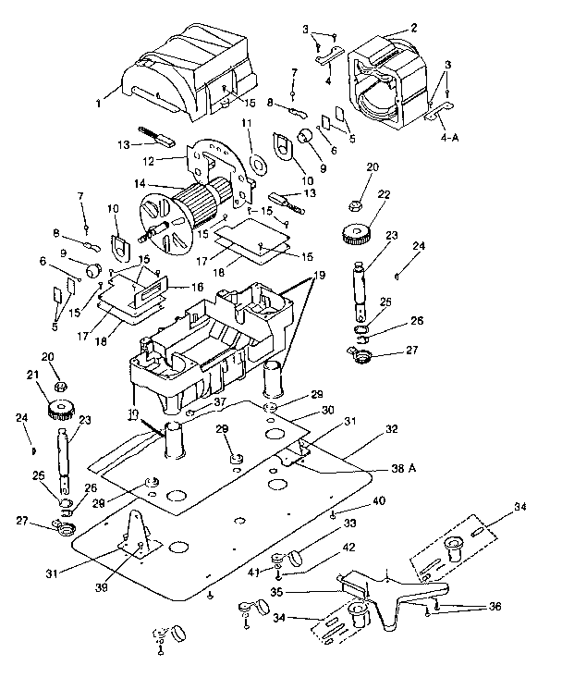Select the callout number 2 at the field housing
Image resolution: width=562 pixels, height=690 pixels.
pos(414,29)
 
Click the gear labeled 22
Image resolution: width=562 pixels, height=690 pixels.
pos(355,234)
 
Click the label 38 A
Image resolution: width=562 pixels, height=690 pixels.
pos(400,469)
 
